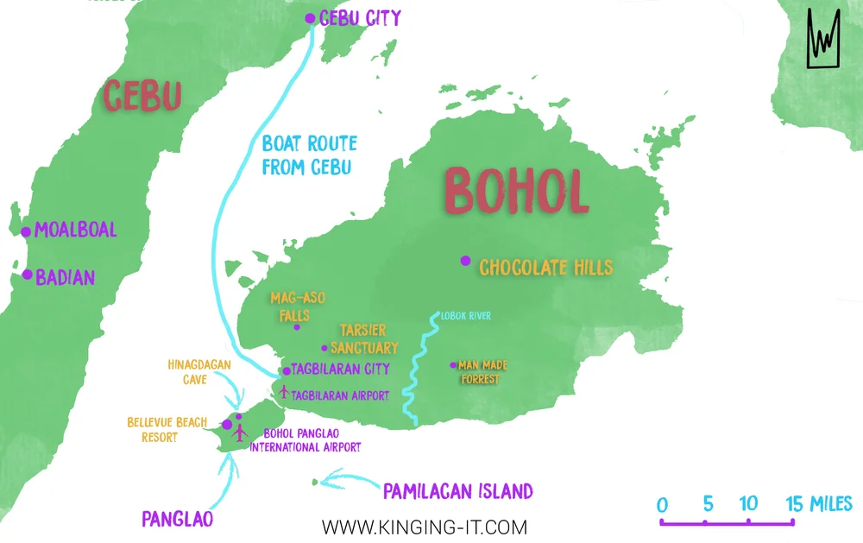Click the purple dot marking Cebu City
click(x=311, y=18)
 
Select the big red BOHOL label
click(x=516, y=191)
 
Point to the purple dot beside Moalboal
click(x=26, y=231)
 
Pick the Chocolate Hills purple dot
click(x=465, y=261)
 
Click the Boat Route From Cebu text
click(x=309, y=155)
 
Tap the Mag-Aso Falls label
click(x=295, y=306)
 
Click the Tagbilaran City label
click(x=341, y=369)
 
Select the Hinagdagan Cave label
click(x=199, y=371)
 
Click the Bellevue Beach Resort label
click(x=167, y=429)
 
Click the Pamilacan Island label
click(x=457, y=492)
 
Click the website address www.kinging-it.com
click(x=424, y=526)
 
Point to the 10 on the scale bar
click(x=748, y=504)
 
